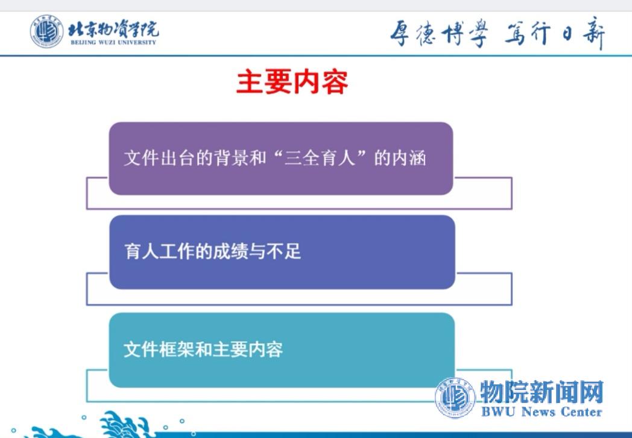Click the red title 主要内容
[292, 82]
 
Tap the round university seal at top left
[47, 31]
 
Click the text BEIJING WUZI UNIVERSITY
[113, 42]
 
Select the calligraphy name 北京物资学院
[113, 29]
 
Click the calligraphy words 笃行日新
[555, 33]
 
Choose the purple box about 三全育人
[281, 158]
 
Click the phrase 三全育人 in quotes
[320, 157]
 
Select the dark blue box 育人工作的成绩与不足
[282, 252]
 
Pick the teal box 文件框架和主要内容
[282, 350]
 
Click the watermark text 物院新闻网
[542, 392]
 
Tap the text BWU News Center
[542, 411]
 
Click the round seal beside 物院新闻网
[455, 398]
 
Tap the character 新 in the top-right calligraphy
[593, 33]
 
